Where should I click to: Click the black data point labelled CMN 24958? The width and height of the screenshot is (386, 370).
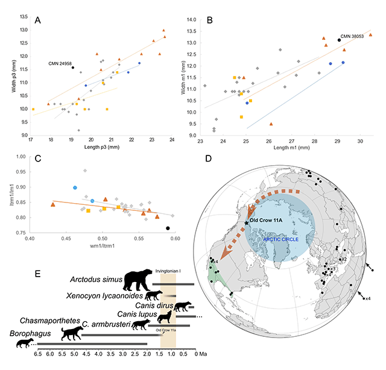pyautogui.click(x=73, y=67)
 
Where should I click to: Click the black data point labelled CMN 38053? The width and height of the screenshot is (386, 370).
pyautogui.click(x=340, y=40)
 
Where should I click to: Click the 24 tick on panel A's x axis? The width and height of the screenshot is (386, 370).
pyautogui.click(x=172, y=140)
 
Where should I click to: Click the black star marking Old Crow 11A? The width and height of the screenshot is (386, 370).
pyautogui.click(x=246, y=223)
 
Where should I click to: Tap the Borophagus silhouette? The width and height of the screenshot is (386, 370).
pyautogui.click(x=25, y=342)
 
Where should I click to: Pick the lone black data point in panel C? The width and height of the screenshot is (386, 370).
pyautogui.click(x=168, y=228)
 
